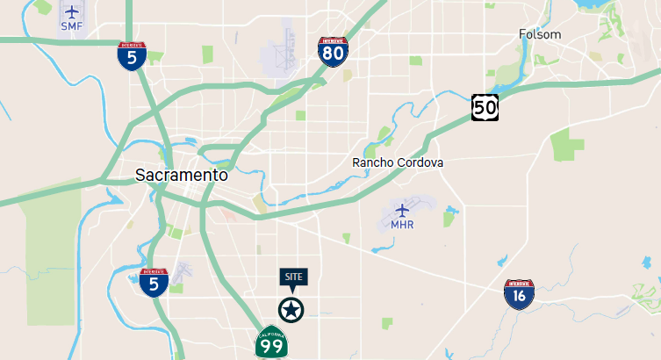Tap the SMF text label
(x=71, y=27)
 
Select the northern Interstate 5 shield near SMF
(x=132, y=56)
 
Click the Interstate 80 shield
(x=333, y=54)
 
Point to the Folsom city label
(x=539, y=34)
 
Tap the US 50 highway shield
(x=485, y=107)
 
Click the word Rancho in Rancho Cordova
(x=374, y=162)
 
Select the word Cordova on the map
(x=421, y=162)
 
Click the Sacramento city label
(x=182, y=175)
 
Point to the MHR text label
(x=402, y=225)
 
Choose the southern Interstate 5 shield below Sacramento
(x=154, y=282)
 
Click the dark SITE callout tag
(x=293, y=277)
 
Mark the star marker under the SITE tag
(x=290, y=310)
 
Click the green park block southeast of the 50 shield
(x=568, y=145)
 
